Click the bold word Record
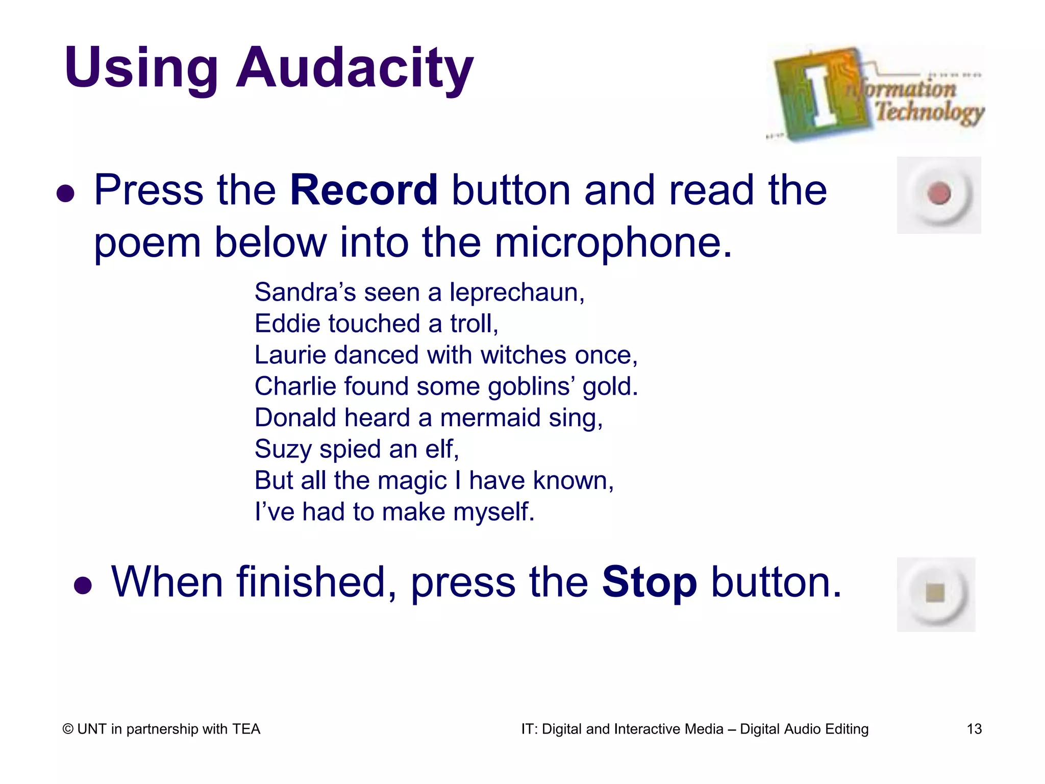coord(364,190)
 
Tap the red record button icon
coord(939,194)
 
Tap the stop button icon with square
coord(936,593)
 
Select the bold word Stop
coord(649,582)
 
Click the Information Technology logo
coord(875,93)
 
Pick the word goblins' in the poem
coord(531,386)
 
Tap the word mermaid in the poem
coord(490,418)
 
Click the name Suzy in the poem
coord(282,449)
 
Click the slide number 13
coord(974,729)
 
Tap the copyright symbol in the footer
coord(68,729)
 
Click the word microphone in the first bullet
coord(612,242)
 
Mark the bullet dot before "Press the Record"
coord(66,193)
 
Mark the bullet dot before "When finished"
coord(83,585)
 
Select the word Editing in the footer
coord(847,729)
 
